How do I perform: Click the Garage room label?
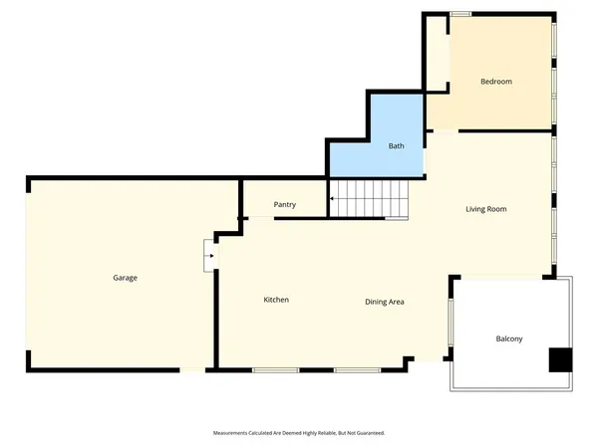coord(125,278)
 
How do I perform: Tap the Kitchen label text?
coord(276,300)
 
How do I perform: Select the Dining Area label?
coord(384,302)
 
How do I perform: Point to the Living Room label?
coord(486,209)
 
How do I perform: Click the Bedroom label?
coord(495,82)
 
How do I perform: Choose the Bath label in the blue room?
coord(396,146)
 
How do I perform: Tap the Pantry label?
coord(285,205)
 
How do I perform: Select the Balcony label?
coord(509,339)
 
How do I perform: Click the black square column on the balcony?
coord(561,359)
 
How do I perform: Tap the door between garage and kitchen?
coord(208,255)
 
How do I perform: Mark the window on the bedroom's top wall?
coord(460,14)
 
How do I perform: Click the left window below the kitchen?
coord(275,370)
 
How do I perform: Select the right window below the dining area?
coord(356,370)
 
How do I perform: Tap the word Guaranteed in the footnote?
coord(366,433)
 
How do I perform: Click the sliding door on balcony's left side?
coord(451,329)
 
